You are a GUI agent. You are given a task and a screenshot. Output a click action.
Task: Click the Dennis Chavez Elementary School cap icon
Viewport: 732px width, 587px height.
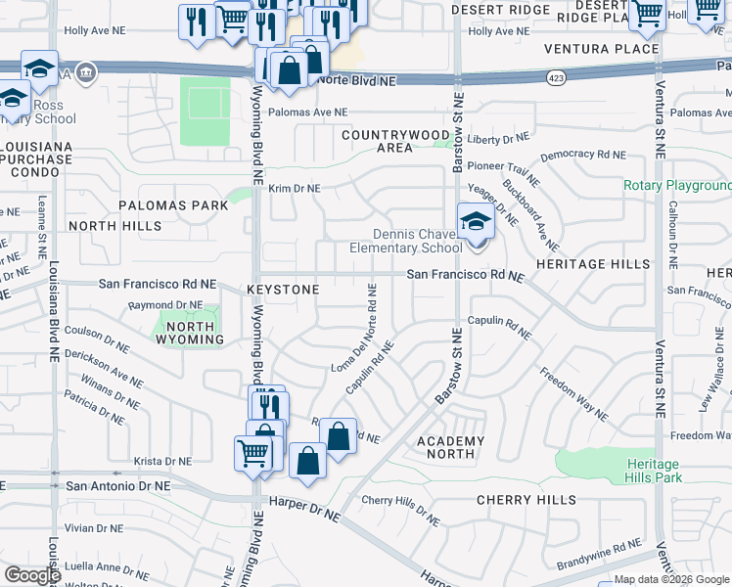(x=476, y=222)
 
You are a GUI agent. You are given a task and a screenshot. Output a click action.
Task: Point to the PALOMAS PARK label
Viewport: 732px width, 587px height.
(x=173, y=205)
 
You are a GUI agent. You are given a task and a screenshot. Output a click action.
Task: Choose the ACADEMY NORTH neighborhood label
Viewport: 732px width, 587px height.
(x=451, y=447)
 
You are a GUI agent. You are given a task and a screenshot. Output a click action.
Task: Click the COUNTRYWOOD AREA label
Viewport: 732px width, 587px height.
(x=395, y=141)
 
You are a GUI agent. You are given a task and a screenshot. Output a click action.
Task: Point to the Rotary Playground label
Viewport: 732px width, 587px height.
(x=677, y=186)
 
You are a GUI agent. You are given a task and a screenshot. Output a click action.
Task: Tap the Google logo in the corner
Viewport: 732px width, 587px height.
(x=32, y=575)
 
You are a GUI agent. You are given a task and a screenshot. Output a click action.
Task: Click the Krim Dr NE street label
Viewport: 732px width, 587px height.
(x=294, y=188)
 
